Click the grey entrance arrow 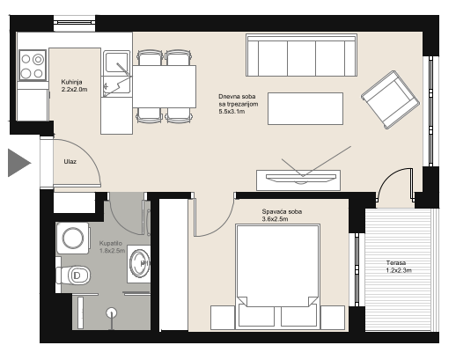(x=18, y=163)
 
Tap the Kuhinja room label (x=71, y=82)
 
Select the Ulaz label (x=70, y=161)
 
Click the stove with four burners (x=33, y=65)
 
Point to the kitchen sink (x=116, y=74)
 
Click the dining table (x=165, y=86)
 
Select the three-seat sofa (x=301, y=55)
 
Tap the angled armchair (x=390, y=99)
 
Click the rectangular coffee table (x=305, y=108)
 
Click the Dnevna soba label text (x=237, y=97)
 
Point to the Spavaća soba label (x=282, y=211)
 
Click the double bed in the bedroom (x=277, y=276)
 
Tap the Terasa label (x=396, y=263)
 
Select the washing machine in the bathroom (x=73, y=239)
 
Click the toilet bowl (x=73, y=276)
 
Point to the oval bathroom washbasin (x=140, y=263)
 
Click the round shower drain (x=111, y=312)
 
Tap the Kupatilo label (x=111, y=243)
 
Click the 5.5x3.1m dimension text (x=232, y=112)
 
